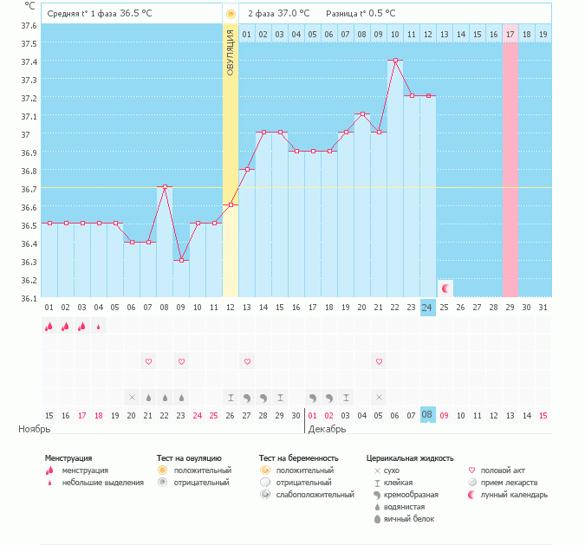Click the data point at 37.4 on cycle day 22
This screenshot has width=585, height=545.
coord(395,60)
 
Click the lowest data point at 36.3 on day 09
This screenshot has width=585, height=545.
coord(181,260)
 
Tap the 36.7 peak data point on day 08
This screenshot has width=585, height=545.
coord(165,186)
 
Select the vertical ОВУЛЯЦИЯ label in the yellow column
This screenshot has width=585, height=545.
coord(231,52)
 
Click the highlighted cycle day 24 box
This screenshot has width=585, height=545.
coord(427,308)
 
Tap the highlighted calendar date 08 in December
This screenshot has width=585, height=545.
coord(427,415)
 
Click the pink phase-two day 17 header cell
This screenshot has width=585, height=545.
coord(510,34)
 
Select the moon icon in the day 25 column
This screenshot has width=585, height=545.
coord(445,289)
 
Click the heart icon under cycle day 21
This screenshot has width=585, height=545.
coord(379,360)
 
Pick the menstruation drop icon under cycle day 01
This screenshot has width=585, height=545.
coord(49,327)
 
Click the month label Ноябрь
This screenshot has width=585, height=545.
coord(35,429)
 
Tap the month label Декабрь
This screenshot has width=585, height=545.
coord(327,429)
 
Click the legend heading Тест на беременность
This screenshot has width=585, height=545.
coord(298,457)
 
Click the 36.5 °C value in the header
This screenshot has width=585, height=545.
coord(134,14)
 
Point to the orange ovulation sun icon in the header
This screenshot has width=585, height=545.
coord(231,14)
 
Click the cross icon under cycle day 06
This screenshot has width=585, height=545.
coord(132,397)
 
